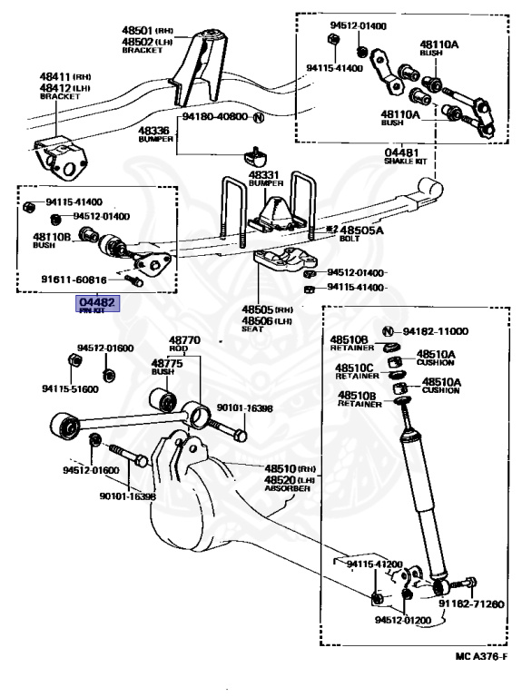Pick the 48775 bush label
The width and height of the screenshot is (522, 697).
[167, 365]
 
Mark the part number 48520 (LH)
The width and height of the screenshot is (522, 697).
[287, 478]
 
